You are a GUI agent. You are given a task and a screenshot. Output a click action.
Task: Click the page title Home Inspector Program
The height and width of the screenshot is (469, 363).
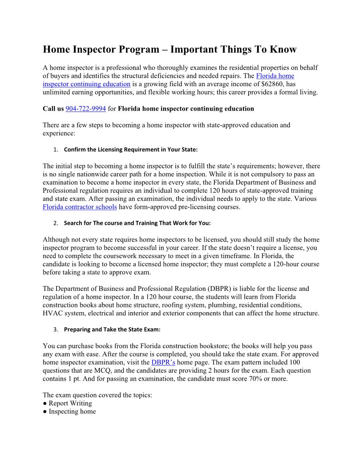pyautogui.click(x=169, y=49)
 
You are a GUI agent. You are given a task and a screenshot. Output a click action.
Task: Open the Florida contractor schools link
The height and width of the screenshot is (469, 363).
pyautogui.click(x=80, y=207)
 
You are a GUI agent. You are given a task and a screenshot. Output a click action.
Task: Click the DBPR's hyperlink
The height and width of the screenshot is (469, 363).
pyautogui.click(x=163, y=362)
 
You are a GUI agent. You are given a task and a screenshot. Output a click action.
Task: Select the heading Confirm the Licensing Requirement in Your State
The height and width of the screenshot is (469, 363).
pyautogui.click(x=131, y=149)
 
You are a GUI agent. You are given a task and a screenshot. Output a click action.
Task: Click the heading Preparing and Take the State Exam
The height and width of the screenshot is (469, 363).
pyautogui.click(x=112, y=330)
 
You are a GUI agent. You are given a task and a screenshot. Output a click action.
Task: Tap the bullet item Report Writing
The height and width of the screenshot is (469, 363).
pyautogui.click(x=70, y=403)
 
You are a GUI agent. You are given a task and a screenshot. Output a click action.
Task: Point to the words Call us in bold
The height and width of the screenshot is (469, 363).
pyautogui.click(x=53, y=108)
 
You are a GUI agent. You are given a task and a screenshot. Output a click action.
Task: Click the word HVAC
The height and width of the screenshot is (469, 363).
pyautogui.click(x=52, y=313)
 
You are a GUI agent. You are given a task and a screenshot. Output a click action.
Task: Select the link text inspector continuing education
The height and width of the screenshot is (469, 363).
pyautogui.click(x=86, y=84)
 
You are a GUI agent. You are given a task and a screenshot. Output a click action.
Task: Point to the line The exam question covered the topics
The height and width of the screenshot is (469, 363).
pyautogui.click(x=97, y=395)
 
